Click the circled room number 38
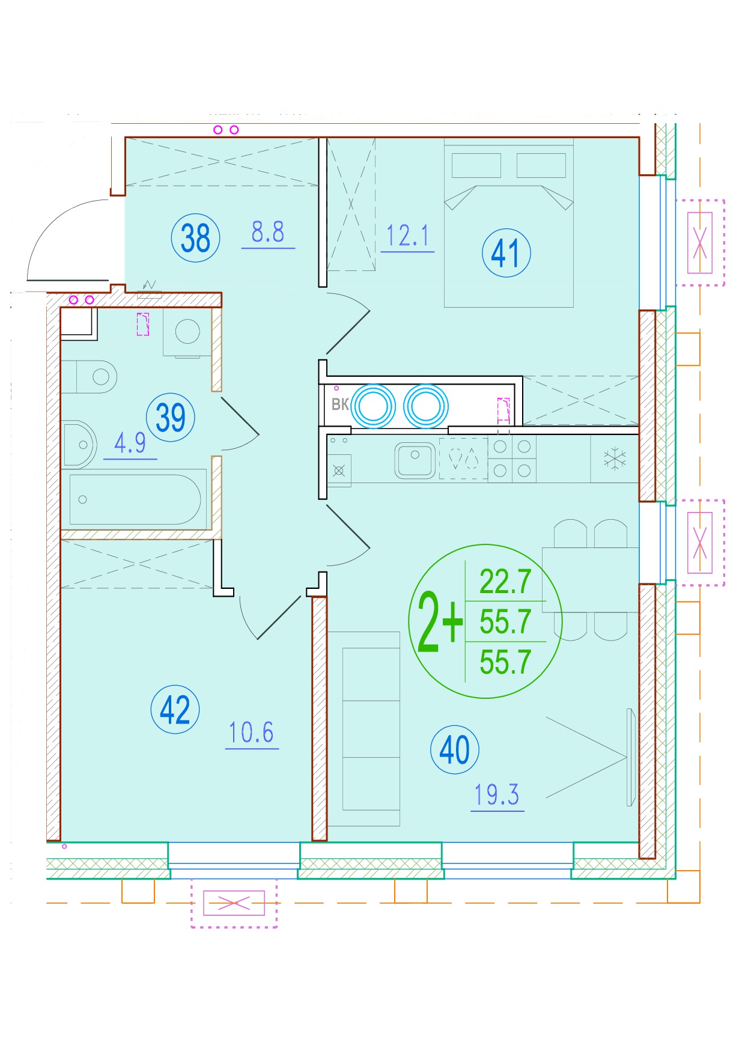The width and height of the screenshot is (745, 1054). tap(196, 237)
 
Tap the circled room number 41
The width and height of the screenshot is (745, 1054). tap(506, 252)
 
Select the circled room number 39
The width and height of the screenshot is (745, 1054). tap(171, 417)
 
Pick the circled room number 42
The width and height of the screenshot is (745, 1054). tap(175, 709)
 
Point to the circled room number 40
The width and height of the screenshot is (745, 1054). tap(455, 749)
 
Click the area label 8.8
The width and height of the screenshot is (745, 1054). tap(268, 232)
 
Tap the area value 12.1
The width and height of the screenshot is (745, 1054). tap(407, 236)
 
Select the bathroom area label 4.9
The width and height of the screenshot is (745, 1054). tap(130, 443)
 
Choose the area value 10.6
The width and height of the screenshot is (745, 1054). tap(251, 733)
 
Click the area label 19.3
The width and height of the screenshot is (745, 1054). tap(497, 794)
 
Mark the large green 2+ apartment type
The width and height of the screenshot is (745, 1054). tap(440, 622)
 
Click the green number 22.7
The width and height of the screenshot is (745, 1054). tap(505, 582)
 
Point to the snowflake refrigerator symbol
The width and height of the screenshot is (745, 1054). tap(615, 460)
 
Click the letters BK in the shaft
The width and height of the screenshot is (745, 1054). tap(340, 404)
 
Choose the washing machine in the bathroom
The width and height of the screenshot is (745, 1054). tap(187, 332)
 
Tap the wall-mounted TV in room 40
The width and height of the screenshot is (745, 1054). tap(630, 757)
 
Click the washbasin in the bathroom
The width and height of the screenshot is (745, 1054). tap(79, 445)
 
